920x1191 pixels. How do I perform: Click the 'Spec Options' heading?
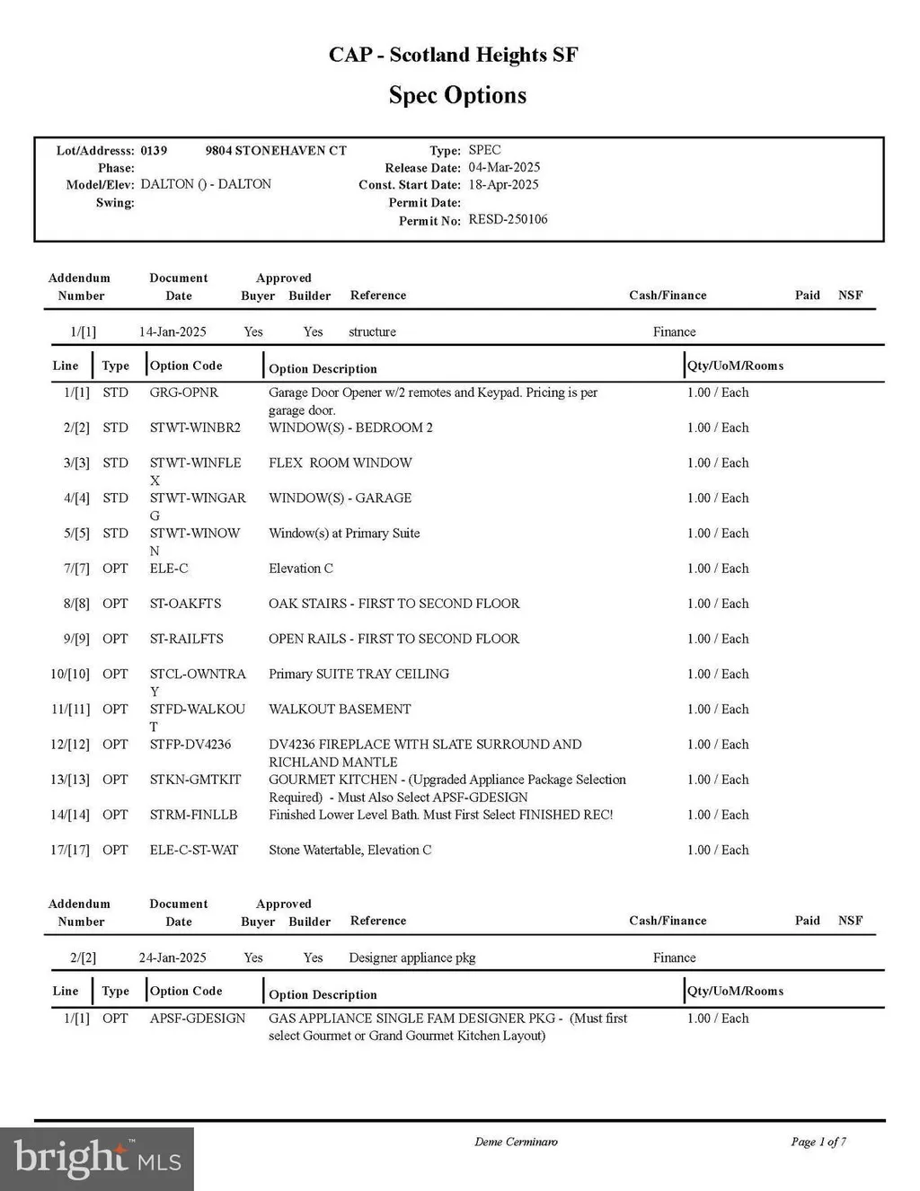(x=457, y=95)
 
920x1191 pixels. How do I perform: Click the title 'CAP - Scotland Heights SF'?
(x=453, y=55)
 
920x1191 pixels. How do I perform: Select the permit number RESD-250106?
(x=508, y=219)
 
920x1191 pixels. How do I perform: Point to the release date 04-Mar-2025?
(x=504, y=167)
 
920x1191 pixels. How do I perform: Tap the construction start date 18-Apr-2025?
(x=503, y=184)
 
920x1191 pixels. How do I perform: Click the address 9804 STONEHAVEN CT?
(x=276, y=150)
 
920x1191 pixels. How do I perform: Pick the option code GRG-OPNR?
(x=184, y=393)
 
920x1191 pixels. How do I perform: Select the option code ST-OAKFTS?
(x=185, y=604)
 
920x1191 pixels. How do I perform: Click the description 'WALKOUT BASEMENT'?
(x=340, y=709)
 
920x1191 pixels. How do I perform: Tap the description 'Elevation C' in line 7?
(x=301, y=569)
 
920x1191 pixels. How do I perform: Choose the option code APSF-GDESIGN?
(x=198, y=1018)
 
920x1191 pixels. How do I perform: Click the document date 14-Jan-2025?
(x=172, y=331)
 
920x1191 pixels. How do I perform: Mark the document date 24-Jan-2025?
(x=172, y=957)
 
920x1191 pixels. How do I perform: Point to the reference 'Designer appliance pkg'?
(x=412, y=957)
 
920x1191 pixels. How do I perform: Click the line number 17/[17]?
(x=70, y=850)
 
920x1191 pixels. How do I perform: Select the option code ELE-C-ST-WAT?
(x=194, y=850)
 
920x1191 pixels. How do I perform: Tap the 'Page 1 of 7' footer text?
(x=818, y=1142)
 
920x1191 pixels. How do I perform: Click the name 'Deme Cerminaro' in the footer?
(x=516, y=1142)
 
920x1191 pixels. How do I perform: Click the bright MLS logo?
(x=97, y=1158)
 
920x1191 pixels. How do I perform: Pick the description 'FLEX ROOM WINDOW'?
(x=341, y=463)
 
